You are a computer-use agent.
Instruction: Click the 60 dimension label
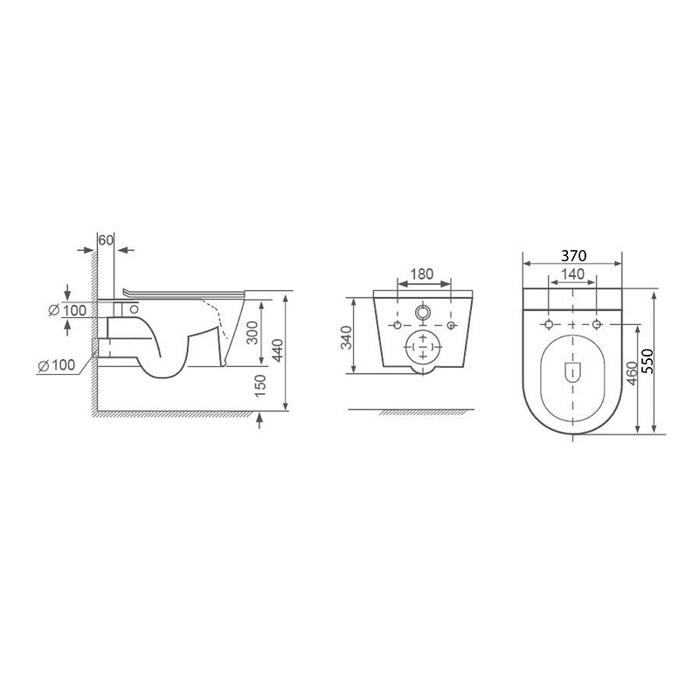click(106, 240)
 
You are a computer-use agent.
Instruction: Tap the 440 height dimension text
click(278, 350)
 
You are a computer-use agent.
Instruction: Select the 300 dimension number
click(253, 333)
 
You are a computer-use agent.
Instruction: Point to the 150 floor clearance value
click(260, 386)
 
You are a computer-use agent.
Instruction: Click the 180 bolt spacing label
click(421, 273)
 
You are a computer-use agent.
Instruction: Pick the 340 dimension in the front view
click(346, 337)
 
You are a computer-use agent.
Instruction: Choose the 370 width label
click(574, 256)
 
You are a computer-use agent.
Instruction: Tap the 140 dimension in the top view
click(573, 273)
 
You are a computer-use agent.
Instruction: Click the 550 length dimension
click(647, 361)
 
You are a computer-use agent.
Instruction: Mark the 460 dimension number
click(632, 374)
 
